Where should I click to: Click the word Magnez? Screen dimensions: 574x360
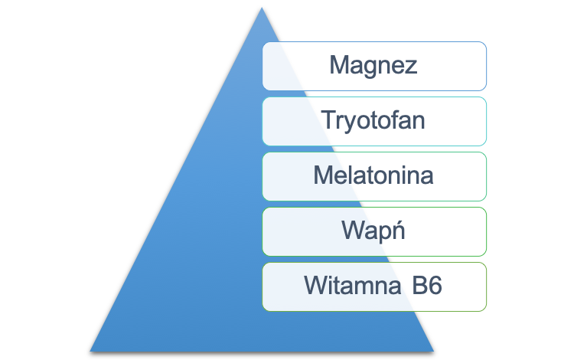(x=373, y=66)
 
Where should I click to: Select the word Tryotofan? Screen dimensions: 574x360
(x=373, y=121)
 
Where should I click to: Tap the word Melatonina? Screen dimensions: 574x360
(x=373, y=175)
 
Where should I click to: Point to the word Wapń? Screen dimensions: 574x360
(x=373, y=231)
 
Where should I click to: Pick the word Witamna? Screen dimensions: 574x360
(x=353, y=285)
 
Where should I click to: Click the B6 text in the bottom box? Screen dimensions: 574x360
(x=427, y=285)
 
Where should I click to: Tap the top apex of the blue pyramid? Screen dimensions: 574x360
(x=262, y=8)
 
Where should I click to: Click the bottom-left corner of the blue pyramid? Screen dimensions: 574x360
(x=90, y=352)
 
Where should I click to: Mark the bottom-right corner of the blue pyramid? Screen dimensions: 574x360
(x=434, y=352)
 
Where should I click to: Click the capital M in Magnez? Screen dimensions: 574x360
(x=338, y=64)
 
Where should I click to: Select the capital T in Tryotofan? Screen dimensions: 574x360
(x=329, y=119)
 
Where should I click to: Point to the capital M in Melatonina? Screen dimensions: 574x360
(x=323, y=175)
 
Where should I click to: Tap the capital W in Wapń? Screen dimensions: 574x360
(x=354, y=230)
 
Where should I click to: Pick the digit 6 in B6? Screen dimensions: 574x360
(x=435, y=285)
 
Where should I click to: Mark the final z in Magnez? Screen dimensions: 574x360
(x=412, y=67)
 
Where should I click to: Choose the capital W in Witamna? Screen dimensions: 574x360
(x=317, y=285)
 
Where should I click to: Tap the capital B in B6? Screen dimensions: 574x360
(x=419, y=285)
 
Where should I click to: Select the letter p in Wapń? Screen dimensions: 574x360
(x=386, y=234)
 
